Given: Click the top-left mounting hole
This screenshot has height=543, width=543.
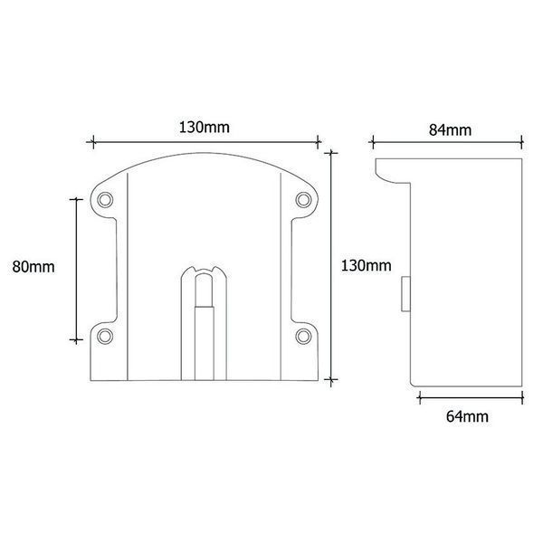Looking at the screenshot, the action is pos(105,200).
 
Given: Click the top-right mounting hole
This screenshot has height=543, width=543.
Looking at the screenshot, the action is pos(303,200).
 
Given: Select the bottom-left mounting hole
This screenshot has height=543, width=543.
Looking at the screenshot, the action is pos(105,337).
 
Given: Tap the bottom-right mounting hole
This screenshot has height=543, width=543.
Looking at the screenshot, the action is pos(303,337).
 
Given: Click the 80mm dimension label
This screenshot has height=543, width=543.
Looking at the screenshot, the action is pos(33,267).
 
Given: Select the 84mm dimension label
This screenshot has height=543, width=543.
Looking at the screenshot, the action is pos(450,130).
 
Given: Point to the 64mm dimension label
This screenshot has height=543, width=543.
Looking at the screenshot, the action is pos(467,416).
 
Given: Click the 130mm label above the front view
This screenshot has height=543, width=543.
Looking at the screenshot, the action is pos(204,128).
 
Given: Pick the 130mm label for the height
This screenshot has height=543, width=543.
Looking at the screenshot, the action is pos(366,265).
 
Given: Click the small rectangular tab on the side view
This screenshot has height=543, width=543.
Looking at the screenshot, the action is pos(405,294).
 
